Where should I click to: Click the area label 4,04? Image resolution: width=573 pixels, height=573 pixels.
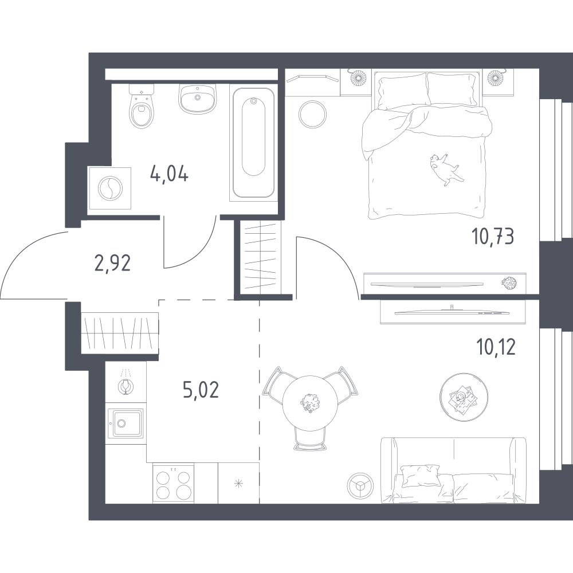pyautogui.click(x=169, y=175)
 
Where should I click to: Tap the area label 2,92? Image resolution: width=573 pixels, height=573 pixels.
pyautogui.click(x=112, y=263)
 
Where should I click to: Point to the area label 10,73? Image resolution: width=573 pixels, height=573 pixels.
pyautogui.click(x=493, y=236)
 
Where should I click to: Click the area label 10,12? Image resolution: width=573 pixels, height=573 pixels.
pyautogui.click(x=496, y=347)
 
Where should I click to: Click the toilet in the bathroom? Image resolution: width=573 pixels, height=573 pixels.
pyautogui.click(x=142, y=107)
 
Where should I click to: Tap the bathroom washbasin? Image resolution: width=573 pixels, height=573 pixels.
pyautogui.click(x=197, y=99)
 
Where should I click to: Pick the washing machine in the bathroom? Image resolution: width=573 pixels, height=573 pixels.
pyautogui.click(x=110, y=188)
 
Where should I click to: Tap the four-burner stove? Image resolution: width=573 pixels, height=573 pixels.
pyautogui.click(x=173, y=483)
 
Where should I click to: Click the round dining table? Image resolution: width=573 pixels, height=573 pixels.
pyautogui.click(x=310, y=402)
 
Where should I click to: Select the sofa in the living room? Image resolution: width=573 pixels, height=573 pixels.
pyautogui.click(x=453, y=470)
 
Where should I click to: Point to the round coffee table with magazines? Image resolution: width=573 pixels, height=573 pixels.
pyautogui.click(x=464, y=397)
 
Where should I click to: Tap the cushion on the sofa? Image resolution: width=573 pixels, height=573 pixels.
pyautogui.click(x=420, y=475)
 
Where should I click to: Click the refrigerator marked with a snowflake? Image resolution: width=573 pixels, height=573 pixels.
pyautogui.click(x=238, y=483)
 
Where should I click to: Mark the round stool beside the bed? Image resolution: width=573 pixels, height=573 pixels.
pyautogui.click(x=312, y=114)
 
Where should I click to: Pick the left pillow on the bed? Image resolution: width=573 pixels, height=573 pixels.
pyautogui.click(x=402, y=91)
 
